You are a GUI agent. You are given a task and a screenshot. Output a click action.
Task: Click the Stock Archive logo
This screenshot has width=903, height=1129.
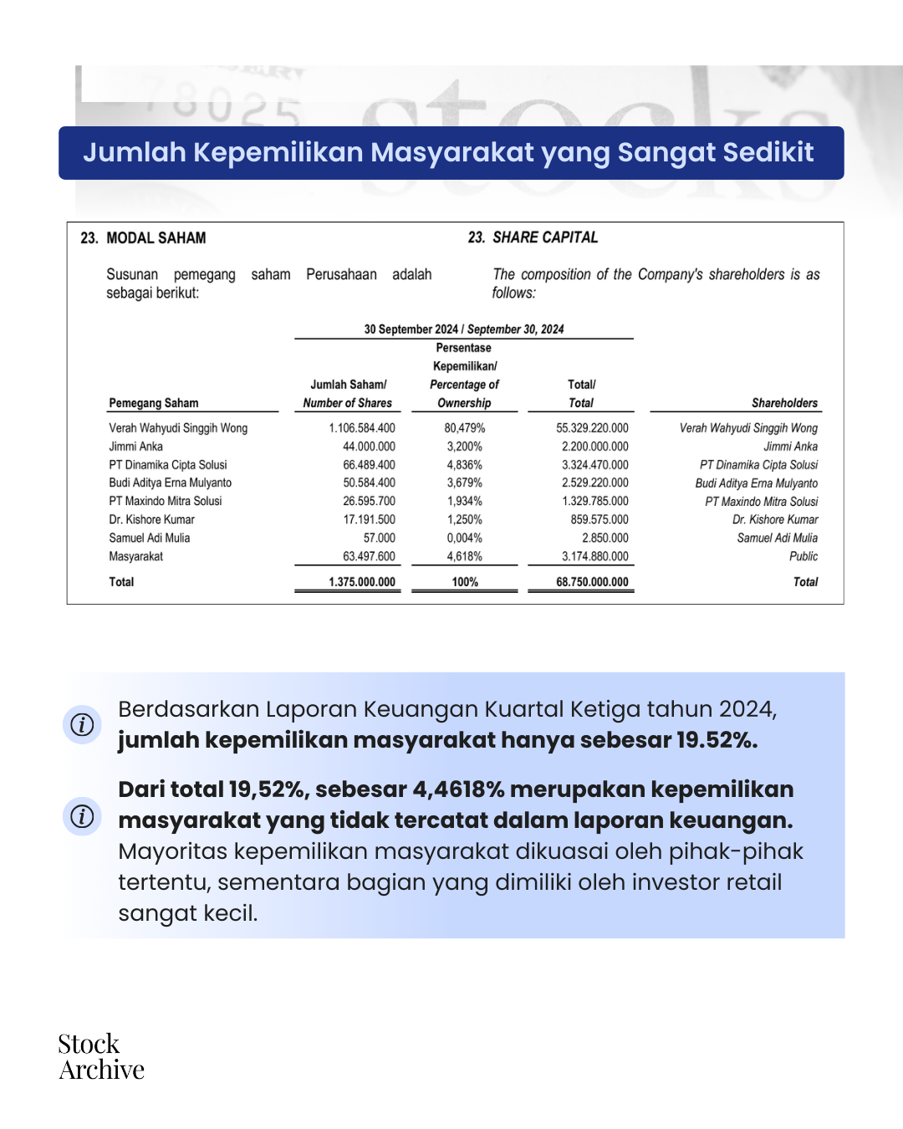pos(100,1057)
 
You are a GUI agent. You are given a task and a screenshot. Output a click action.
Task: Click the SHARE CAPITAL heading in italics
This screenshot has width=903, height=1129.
pos(544,238)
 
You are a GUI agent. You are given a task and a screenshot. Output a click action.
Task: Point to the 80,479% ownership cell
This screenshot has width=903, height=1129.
pos(464,428)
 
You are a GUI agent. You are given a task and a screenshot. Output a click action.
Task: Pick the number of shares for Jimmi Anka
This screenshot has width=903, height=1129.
pos(369,447)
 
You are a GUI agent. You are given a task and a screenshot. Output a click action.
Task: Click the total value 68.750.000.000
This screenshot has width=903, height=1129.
pos(592,582)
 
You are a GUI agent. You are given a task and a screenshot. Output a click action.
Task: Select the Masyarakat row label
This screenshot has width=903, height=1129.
pos(136,557)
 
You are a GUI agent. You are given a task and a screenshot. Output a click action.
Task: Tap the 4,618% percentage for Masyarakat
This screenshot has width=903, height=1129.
pos(464,557)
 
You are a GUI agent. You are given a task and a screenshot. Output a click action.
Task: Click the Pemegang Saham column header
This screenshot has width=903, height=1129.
pos(154,403)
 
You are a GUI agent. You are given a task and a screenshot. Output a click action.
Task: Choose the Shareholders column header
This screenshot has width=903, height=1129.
pos(784,403)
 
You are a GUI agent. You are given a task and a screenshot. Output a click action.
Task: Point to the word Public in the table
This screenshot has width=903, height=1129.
pos(804,557)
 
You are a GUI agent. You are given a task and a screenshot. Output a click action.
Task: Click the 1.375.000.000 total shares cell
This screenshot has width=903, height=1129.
pos(362,582)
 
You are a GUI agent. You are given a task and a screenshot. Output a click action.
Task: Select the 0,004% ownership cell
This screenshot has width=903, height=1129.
pos(464,539)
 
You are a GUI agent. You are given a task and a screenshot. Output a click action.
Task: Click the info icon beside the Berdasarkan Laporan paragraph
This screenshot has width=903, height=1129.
pos(82,724)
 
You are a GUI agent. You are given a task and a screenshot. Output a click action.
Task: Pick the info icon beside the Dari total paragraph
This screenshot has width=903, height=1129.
pos(82,816)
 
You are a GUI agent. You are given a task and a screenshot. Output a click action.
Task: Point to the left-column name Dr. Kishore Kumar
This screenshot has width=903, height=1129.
pos(152,520)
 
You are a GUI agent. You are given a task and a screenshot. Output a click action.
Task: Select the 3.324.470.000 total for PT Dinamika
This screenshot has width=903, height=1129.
pos(594,465)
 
